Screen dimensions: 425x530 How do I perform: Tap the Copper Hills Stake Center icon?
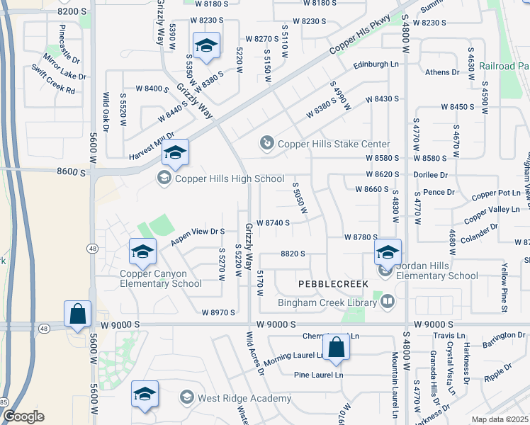[267, 144]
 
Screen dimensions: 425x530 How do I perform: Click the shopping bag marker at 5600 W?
[77, 314]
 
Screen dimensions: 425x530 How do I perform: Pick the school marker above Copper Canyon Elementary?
[142, 252]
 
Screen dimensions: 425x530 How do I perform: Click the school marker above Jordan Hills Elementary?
[388, 252]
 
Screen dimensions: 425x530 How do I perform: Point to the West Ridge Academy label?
[244, 399]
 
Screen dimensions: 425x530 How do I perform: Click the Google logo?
[23, 416]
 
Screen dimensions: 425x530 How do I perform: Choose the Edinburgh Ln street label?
[376, 64]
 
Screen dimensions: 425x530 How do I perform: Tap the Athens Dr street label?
[442, 72]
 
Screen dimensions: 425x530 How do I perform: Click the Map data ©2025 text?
[500, 419]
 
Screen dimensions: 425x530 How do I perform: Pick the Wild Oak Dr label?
[105, 111]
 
